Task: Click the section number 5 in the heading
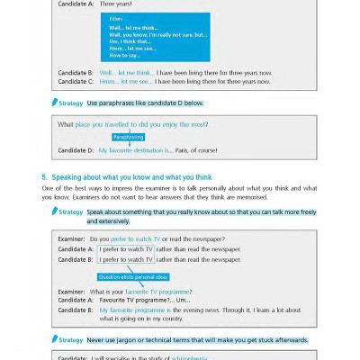[x=45, y=176]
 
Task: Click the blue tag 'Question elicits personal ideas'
[x=133, y=276]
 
